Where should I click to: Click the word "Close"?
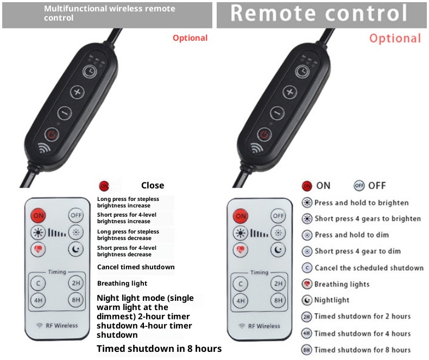pos(153,186)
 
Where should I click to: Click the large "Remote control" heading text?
pos(319,13)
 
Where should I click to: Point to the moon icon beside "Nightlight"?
pos(307,300)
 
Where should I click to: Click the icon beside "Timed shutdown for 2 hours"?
pos(307,317)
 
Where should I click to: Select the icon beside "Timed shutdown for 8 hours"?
pos(307,350)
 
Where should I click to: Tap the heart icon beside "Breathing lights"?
pos(307,284)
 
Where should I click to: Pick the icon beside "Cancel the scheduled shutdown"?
pos(307,268)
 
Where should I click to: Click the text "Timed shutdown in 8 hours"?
pos(159,349)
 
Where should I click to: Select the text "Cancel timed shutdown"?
pos(136,267)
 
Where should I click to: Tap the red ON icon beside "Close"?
pos(104,186)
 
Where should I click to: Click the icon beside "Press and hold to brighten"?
pos(307,203)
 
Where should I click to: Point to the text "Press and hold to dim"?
pos(352,235)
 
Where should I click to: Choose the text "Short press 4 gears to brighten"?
pos(368,219)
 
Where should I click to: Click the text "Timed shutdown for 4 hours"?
pos(363,334)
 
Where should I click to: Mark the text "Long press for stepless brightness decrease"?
pos(128,235)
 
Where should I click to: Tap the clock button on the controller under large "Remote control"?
pos(302,72)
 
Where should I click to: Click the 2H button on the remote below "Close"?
pos(76,283)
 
